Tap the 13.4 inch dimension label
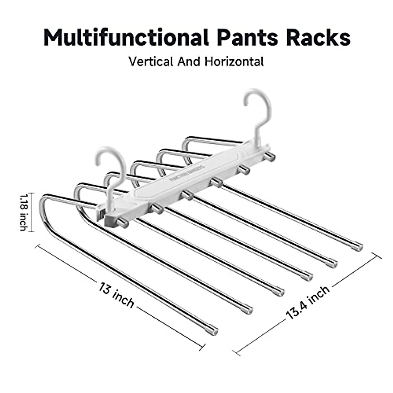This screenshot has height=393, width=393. [x=308, y=303]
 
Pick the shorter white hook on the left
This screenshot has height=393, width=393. [x=111, y=170]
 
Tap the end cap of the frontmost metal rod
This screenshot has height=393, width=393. [x=213, y=330]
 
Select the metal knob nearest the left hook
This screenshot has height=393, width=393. [x=123, y=222]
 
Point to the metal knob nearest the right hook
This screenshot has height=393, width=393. [x=270, y=156]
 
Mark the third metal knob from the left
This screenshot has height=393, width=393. [x=187, y=195]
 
